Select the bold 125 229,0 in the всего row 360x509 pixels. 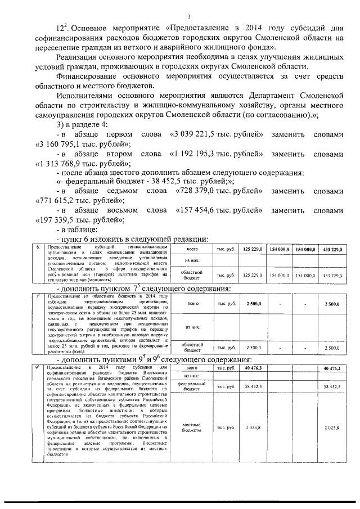[x=253, y=248]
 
